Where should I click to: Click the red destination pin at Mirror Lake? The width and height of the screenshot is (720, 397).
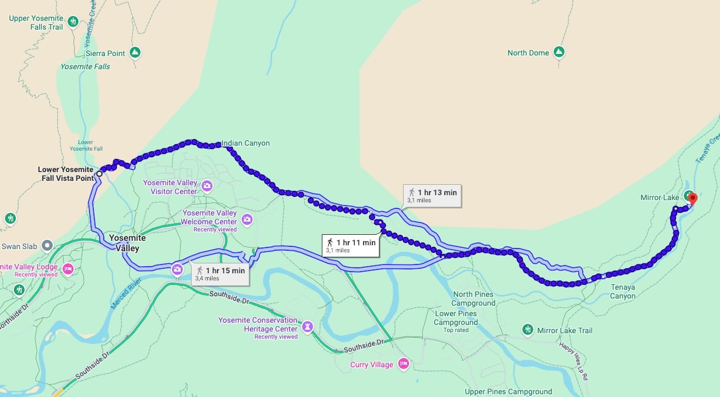[692, 198]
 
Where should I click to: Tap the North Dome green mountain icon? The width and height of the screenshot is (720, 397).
[559, 53]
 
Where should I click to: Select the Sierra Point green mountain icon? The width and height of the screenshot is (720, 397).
[135, 53]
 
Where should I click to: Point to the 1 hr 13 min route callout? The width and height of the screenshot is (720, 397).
[432, 196]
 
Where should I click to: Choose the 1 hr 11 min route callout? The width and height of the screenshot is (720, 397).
[351, 246]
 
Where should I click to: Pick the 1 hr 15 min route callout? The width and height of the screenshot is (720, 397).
[221, 274]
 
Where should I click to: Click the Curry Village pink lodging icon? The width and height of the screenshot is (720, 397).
[404, 364]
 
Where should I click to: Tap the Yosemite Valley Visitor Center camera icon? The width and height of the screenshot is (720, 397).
[207, 185]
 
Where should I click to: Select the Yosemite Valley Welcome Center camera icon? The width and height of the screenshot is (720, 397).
[247, 220]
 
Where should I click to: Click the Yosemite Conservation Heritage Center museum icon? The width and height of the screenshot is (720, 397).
[308, 327]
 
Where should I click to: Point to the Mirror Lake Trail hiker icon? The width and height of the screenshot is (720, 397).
[528, 330]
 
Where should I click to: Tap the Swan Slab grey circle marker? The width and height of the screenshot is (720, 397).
[47, 246]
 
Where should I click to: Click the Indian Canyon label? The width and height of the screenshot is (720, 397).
[245, 144]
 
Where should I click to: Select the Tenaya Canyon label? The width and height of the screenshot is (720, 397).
[622, 291]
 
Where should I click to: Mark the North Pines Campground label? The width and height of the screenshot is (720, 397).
[473, 299]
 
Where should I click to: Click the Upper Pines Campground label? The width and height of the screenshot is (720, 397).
[508, 392]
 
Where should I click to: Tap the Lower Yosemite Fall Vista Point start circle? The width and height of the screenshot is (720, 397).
[99, 174]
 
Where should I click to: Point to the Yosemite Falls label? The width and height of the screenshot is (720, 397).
[85, 67]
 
